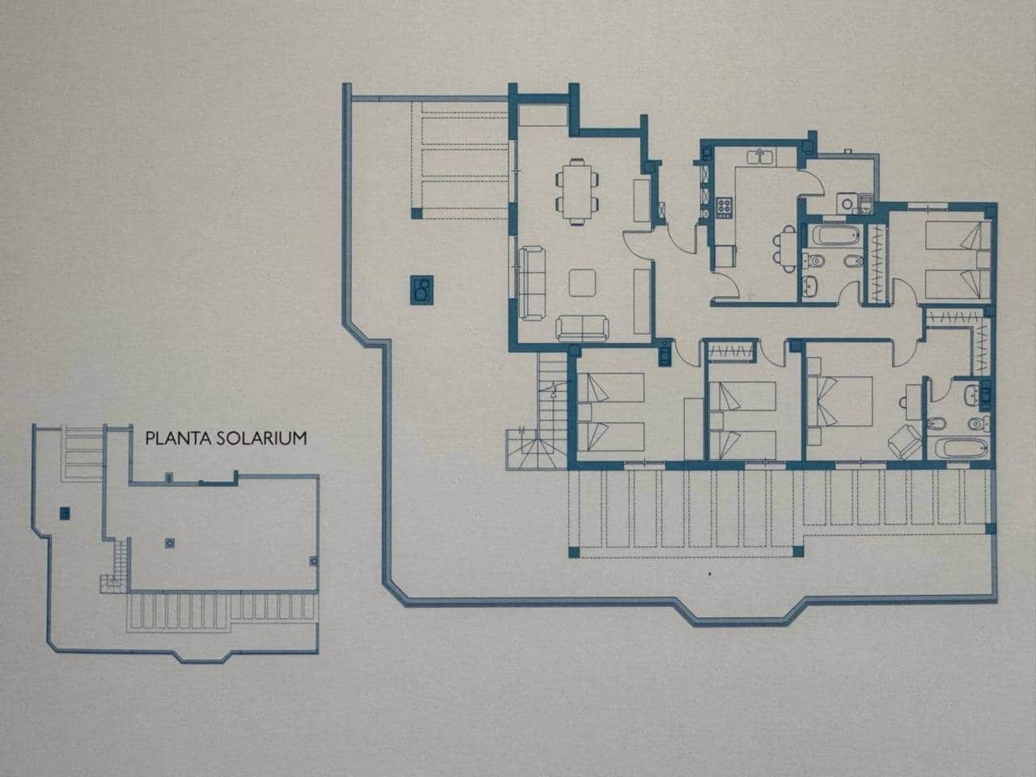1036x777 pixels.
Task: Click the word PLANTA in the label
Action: point(172,439)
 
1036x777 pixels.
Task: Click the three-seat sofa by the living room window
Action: point(531,281)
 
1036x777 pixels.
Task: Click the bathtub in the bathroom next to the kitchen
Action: point(834,236)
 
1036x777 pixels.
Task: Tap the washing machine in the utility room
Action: point(845,204)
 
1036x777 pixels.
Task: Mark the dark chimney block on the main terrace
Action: point(422,287)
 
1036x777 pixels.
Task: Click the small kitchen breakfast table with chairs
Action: point(782,247)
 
